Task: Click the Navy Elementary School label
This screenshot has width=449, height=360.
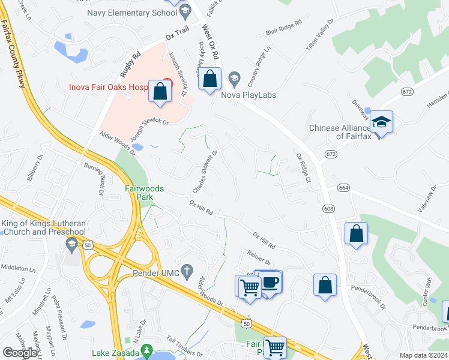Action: click(x=131, y=13)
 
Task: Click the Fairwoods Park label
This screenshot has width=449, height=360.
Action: click(x=144, y=192)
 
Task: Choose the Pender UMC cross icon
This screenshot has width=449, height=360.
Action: click(x=187, y=270)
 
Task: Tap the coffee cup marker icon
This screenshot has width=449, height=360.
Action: click(x=271, y=283)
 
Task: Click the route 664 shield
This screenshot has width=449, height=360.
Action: click(x=343, y=188)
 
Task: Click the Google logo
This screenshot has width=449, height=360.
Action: click(x=20, y=352)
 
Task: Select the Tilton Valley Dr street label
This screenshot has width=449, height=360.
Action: click(x=321, y=35)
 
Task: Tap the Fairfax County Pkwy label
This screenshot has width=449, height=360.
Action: click(x=14, y=53)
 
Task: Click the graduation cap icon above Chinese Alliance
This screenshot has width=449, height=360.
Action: click(x=381, y=122)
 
